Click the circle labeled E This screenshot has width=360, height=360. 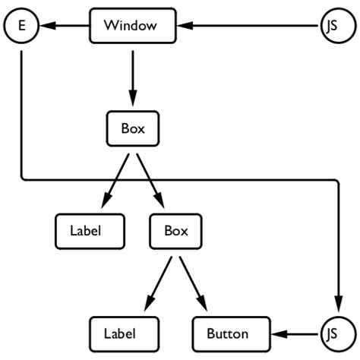(21, 26)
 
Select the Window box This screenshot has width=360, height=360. (133, 26)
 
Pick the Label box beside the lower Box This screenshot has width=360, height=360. (90, 231)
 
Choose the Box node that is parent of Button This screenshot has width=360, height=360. (176, 231)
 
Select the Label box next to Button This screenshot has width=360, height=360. (124, 333)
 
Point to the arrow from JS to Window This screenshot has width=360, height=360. (251, 26)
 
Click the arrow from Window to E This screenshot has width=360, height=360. (65, 26)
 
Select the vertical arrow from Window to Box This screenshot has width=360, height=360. (133, 76)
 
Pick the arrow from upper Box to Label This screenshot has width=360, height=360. (118, 179)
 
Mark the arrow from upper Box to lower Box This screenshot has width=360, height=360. (150, 179)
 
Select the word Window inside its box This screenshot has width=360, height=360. (131, 26)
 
